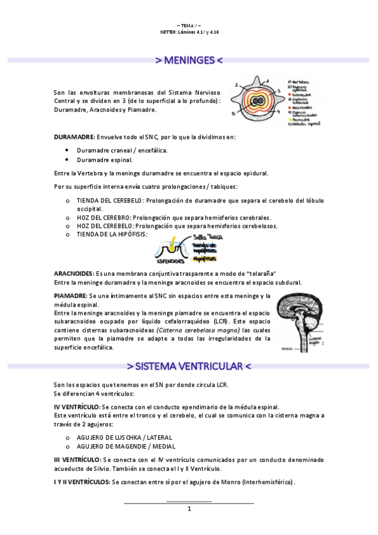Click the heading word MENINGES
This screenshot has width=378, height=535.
tap(189, 61)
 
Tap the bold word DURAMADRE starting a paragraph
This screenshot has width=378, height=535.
tap(74, 137)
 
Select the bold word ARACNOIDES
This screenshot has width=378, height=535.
tap(73, 273)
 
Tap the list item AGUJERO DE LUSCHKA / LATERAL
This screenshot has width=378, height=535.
tap(124, 437)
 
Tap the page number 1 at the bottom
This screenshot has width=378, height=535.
tap(189, 509)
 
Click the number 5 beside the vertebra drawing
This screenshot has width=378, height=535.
tap(233, 114)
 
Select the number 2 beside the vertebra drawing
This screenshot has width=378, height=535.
tap(236, 84)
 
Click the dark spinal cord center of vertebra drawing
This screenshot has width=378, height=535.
tap(257, 100)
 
